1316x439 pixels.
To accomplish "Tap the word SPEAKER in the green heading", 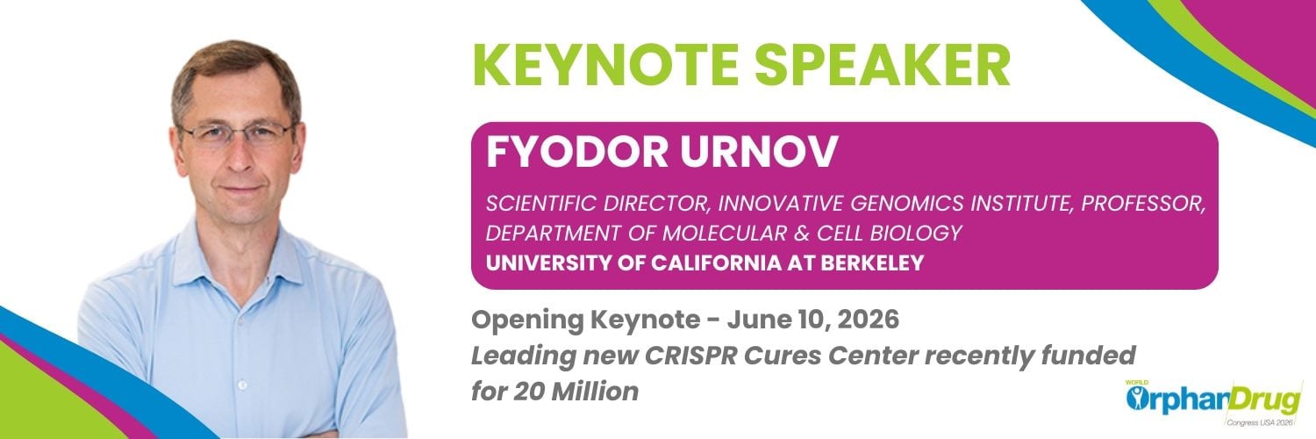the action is [x=883, y=65].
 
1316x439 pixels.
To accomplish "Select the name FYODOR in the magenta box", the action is [x=577, y=152].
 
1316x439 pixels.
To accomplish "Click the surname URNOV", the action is [x=759, y=152].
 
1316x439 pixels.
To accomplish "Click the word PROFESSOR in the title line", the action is [x=1143, y=204].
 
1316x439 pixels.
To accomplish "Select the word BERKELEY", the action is [x=872, y=263].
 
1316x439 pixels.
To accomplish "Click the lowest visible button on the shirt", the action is [x=242, y=385].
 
